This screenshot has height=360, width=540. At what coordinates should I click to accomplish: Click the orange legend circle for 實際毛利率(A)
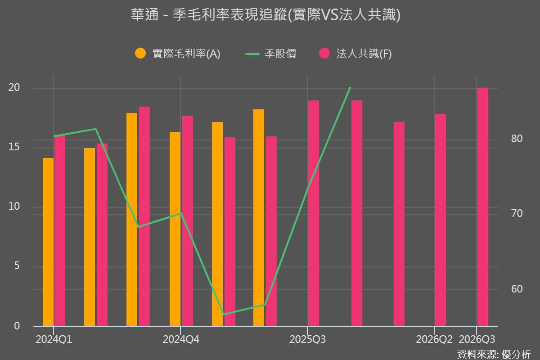(x=140, y=54)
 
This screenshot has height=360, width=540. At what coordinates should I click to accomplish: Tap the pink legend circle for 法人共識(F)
(x=324, y=54)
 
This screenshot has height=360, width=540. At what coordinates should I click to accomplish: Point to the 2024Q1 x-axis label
(x=54, y=339)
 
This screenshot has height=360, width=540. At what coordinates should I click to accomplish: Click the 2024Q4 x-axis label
(x=180, y=339)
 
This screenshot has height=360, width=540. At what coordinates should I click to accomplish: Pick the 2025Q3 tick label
(x=307, y=339)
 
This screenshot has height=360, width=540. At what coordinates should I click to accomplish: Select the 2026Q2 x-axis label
(x=434, y=339)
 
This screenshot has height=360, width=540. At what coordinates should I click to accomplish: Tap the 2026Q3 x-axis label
(x=477, y=339)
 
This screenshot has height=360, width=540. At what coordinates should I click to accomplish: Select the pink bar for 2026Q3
(x=482, y=207)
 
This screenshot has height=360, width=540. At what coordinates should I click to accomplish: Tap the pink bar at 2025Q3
(x=314, y=213)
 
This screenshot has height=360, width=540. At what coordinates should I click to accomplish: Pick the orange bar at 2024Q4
(x=175, y=229)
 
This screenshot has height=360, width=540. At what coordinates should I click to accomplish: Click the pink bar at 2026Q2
(x=441, y=220)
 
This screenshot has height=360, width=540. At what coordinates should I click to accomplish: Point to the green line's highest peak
(x=350, y=88)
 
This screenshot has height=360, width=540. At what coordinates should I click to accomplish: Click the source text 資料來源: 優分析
(x=494, y=354)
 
